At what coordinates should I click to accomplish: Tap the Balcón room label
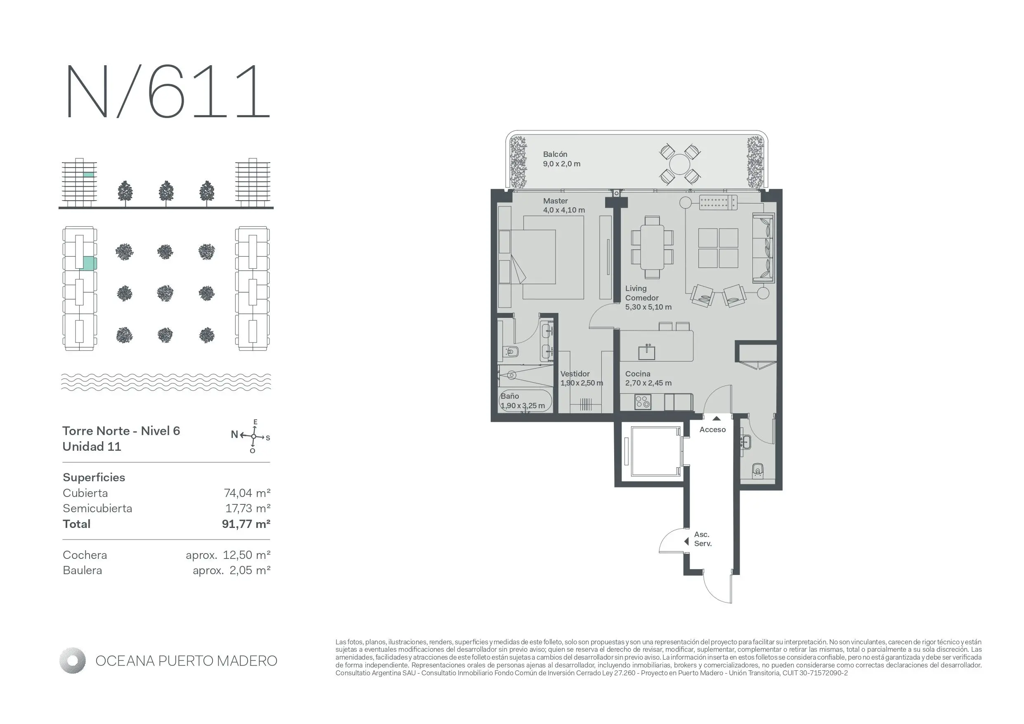coord(555,154)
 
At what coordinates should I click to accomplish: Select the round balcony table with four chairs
coord(679,164)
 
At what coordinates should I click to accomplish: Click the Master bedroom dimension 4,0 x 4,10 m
coord(564,210)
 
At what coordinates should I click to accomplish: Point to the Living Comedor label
coord(642,293)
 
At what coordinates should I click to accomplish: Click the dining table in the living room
coord(652,248)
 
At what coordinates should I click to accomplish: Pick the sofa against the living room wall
coord(763,248)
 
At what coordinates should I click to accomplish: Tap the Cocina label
coord(637,374)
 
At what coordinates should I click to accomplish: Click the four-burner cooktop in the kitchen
coord(642,402)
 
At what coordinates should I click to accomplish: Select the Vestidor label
coord(575,374)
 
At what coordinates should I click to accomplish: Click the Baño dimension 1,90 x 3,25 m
coord(522,406)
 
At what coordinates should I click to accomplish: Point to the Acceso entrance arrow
coord(716,419)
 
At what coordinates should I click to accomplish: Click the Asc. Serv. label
coord(702,539)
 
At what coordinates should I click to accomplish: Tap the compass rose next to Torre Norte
coord(253,436)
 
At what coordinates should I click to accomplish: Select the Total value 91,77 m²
coord(246,524)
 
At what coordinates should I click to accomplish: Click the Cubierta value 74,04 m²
coord(247,493)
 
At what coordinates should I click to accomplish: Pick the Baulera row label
coord(83,570)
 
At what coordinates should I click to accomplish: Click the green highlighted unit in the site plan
coord(90,263)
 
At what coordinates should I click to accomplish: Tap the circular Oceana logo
coord(72,661)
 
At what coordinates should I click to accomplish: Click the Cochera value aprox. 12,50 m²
coord(228,555)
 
